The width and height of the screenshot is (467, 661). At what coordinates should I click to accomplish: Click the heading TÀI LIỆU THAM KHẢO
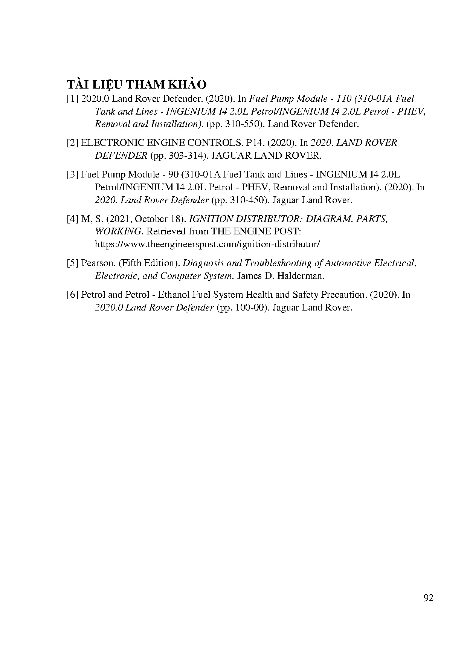tap(137, 84)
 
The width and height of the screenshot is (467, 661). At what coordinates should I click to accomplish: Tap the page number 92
tap(429, 598)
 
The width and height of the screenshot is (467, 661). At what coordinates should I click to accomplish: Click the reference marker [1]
tap(73, 99)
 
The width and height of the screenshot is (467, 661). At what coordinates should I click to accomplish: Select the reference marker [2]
tap(73, 143)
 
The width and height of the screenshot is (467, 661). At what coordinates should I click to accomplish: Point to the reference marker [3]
tap(73, 174)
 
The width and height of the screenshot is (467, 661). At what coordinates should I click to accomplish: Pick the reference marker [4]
tap(73, 219)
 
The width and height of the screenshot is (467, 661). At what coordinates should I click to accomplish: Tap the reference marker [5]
tap(73, 263)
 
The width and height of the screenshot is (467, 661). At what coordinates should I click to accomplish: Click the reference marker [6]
tap(73, 295)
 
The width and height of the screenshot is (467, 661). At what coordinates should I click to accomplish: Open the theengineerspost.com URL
tap(208, 244)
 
